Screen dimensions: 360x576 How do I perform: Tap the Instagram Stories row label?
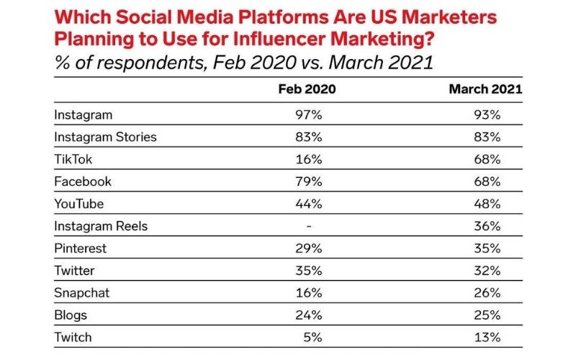click(105, 136)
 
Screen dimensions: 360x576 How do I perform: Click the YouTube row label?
click(80, 204)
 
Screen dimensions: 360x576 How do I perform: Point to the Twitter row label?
click(75, 271)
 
